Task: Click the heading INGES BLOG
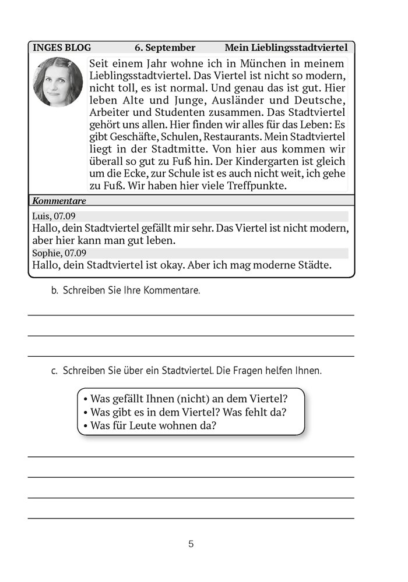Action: pos(62,48)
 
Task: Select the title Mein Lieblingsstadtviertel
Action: pos(289,48)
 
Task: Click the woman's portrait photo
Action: pos(58,82)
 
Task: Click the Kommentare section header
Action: pos(59,201)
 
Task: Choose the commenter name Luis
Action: pos(41,216)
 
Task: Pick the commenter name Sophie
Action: pos(46,253)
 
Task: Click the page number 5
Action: pos(191,545)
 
